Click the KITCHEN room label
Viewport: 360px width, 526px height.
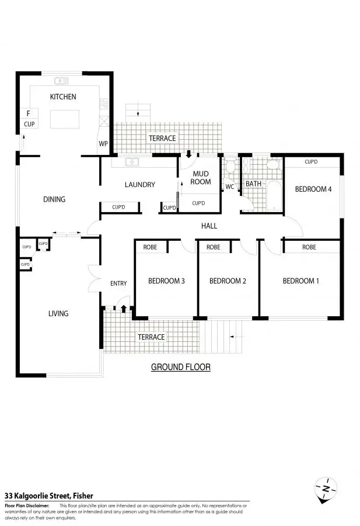tap(63, 96)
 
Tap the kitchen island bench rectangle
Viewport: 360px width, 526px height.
tap(62, 119)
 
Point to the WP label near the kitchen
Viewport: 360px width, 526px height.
tap(103, 143)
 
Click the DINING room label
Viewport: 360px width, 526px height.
tap(54, 199)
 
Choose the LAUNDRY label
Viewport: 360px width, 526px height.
tap(140, 185)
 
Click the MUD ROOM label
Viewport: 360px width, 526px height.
tap(201, 177)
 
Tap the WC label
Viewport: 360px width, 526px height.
tap(230, 187)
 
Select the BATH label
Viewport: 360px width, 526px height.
tap(254, 184)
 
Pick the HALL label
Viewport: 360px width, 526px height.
tap(209, 225)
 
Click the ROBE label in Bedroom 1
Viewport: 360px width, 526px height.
tap(309, 247)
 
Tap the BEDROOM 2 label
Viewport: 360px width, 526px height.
tap(228, 281)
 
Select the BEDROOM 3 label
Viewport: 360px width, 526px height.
tap(166, 281)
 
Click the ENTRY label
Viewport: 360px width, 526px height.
tap(118, 283)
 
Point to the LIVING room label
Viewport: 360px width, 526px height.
tap(58, 314)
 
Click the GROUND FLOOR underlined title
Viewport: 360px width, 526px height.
tap(181, 368)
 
